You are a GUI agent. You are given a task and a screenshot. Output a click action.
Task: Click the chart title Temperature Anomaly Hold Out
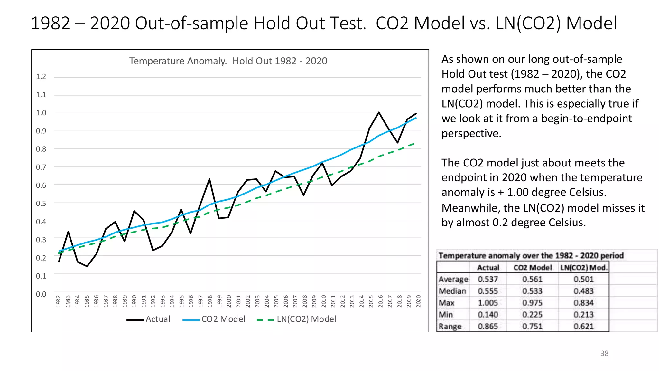click(x=228, y=61)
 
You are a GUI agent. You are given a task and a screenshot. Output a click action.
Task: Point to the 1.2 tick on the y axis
click(x=41, y=77)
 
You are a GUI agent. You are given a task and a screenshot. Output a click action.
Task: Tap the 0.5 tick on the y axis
click(x=41, y=204)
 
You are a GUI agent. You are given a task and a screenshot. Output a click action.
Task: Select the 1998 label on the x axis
click(x=210, y=301)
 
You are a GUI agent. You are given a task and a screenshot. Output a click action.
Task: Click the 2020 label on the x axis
click(x=418, y=301)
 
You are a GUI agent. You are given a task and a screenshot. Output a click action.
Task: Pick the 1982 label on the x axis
click(x=59, y=301)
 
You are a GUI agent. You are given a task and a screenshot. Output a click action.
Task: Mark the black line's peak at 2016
click(x=379, y=112)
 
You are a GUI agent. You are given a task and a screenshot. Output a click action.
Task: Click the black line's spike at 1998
click(x=209, y=179)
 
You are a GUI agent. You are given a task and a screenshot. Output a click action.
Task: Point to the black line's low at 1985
click(x=87, y=266)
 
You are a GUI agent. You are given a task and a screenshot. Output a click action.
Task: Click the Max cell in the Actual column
click(x=487, y=303)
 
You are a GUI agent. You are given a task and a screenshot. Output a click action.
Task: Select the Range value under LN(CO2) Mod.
click(x=583, y=327)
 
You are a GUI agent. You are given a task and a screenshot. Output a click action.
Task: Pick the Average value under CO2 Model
click(x=532, y=279)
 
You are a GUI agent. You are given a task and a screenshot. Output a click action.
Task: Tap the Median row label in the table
click(x=452, y=291)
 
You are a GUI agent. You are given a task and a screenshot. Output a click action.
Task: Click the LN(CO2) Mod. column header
click(x=584, y=268)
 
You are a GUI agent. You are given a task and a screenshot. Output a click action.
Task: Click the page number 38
click(x=604, y=353)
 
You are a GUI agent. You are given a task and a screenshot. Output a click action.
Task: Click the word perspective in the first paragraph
click(x=471, y=133)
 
